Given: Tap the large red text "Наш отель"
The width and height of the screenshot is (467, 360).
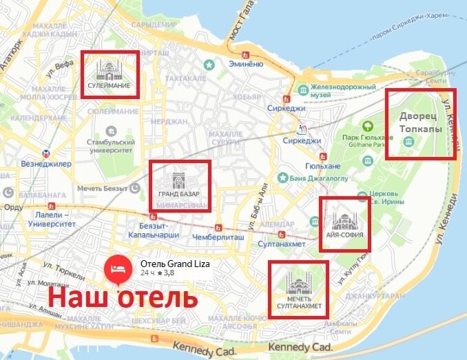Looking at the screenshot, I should coord(123,299).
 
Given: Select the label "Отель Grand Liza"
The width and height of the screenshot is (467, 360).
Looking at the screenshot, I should coord(175,264).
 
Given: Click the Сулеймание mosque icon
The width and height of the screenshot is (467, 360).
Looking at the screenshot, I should coord(109,70).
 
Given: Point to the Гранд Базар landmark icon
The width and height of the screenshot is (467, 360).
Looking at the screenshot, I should coord(178,181).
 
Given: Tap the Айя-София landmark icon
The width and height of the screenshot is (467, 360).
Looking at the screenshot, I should coord(342,222).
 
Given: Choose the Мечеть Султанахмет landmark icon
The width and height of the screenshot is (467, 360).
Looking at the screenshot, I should coord(298,283).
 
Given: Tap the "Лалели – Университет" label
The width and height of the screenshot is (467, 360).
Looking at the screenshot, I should coord(47,220).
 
